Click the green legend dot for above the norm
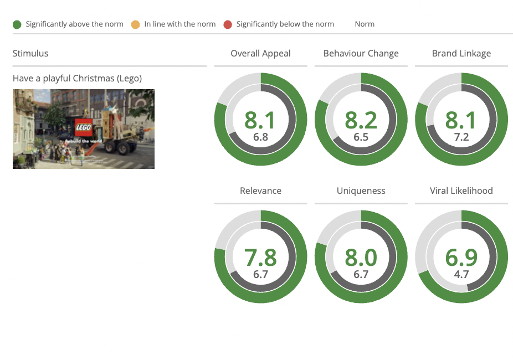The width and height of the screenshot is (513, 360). click(17, 24)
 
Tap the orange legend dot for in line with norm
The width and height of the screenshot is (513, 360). click(135, 24)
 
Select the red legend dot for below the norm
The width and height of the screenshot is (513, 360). click(228, 24)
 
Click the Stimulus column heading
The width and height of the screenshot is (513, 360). click(30, 53)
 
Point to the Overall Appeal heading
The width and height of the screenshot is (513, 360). click(260, 53)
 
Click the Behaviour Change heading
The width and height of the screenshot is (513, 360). click(361, 53)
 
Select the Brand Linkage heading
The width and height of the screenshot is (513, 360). click(461, 53)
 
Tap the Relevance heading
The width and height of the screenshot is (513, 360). click(260, 191)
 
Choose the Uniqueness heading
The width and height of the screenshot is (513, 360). click(361, 191)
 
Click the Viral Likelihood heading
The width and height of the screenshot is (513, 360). click(461, 191)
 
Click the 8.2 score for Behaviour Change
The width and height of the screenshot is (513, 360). click(361, 120)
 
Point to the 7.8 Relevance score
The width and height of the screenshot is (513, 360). click(260, 258)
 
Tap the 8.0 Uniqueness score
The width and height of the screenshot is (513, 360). click(361, 258)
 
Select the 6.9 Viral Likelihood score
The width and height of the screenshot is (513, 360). click(461, 258)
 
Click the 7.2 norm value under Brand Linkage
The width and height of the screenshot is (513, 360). click(461, 137)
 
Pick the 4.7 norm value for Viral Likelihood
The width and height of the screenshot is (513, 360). click(461, 274)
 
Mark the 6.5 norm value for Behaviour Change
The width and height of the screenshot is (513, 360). click(361, 137)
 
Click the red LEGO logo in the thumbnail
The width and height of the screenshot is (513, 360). click(84, 127)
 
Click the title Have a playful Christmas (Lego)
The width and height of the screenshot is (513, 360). click(77, 79)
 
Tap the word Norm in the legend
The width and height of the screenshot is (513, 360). click(365, 24)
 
